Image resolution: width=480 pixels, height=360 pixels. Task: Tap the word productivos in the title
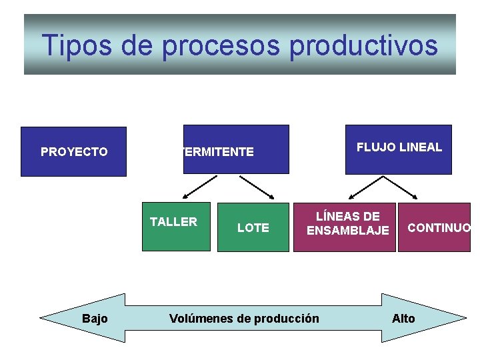(x=365, y=45)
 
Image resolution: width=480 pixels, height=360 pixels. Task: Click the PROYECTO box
(x=73, y=152)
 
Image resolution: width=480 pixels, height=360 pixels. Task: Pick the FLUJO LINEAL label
(x=399, y=147)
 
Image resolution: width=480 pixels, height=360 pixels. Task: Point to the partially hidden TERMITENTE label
(x=217, y=152)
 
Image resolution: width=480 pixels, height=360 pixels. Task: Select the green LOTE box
(x=253, y=227)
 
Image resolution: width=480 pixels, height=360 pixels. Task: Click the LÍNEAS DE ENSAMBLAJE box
(x=345, y=227)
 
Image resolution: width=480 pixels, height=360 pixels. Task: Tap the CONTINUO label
(x=439, y=228)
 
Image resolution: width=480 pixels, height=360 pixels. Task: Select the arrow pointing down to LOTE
(x=257, y=187)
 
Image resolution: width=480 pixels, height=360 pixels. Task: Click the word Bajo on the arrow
(x=95, y=319)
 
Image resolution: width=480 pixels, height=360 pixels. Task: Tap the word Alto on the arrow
(x=403, y=319)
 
